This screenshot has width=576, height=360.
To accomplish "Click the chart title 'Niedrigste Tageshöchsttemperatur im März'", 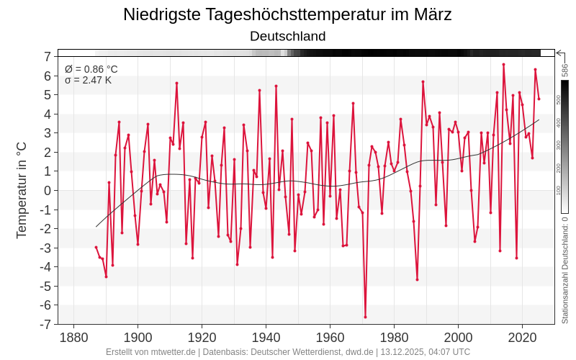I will click(x=287, y=14).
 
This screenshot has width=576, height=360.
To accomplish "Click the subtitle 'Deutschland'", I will click(x=287, y=36).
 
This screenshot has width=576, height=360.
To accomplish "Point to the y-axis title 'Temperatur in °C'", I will click(x=22, y=190).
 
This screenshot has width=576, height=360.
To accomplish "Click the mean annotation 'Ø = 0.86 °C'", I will click(x=91, y=69).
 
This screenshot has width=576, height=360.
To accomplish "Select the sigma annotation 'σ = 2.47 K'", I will click(x=88, y=80).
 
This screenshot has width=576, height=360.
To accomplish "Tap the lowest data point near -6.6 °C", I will click(x=365, y=317).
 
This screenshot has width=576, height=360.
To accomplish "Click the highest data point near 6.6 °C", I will click(x=503, y=65).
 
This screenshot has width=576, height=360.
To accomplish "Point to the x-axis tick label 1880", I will click(x=73, y=337).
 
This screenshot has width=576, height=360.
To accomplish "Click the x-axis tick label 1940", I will click(x=266, y=337).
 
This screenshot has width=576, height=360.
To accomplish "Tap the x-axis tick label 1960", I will click(x=330, y=337).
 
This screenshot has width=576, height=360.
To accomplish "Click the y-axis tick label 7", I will click(x=47, y=56).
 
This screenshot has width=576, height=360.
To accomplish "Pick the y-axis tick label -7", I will click(x=45, y=324).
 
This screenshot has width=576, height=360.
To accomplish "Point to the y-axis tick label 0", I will click(x=47, y=190).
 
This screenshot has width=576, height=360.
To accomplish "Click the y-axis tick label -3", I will click(x=45, y=248).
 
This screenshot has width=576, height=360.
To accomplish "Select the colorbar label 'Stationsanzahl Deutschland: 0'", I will click(x=565, y=269).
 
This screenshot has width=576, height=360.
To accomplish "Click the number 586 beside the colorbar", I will click(x=565, y=70).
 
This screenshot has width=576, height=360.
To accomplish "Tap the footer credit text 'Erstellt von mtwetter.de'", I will click(x=150, y=352).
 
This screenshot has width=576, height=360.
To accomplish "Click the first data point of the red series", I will click(x=96, y=247).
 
